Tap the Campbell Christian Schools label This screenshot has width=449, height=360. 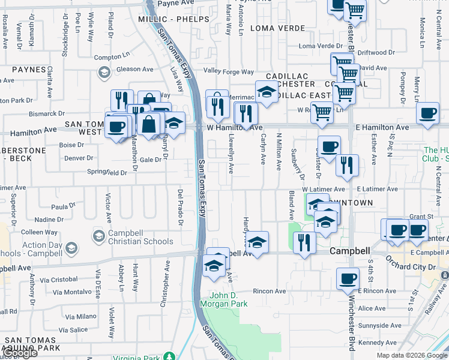140,238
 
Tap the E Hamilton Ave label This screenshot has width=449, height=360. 382,127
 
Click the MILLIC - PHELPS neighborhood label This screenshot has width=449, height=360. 173,19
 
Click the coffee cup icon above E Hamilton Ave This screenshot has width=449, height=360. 427,113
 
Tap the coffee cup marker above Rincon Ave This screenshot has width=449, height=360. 348,278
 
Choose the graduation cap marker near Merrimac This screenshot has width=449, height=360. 267,92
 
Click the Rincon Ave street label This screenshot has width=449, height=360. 270,291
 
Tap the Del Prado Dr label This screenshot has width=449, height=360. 180,208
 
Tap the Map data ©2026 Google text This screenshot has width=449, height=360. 412,355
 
